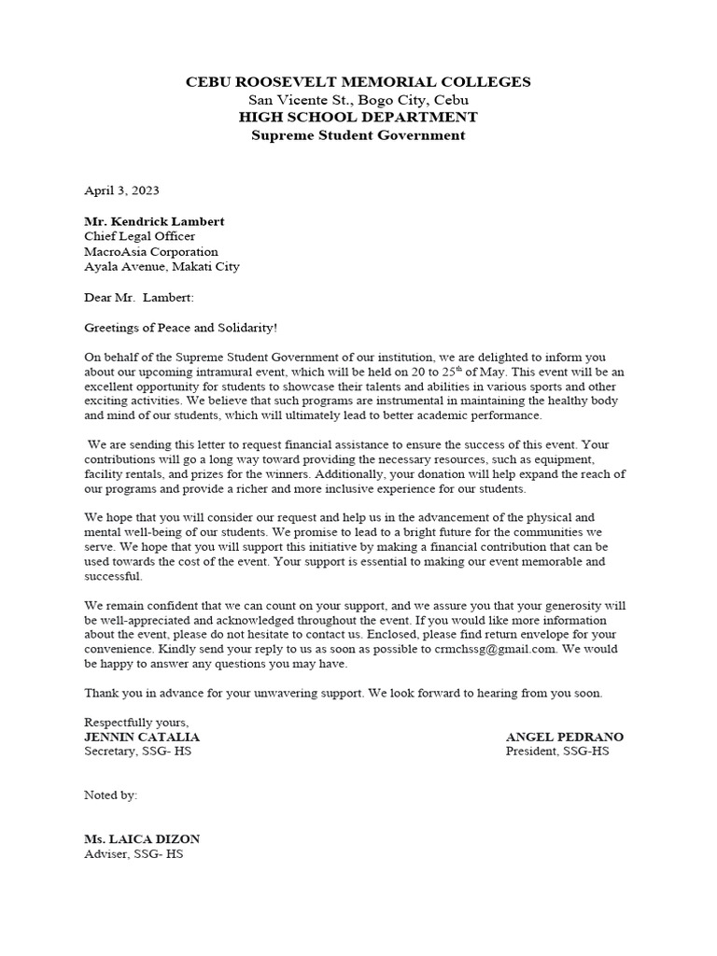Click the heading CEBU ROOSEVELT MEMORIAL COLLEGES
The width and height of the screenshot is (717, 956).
pos(359,82)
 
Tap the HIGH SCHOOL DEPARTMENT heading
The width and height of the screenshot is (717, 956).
pos(359,118)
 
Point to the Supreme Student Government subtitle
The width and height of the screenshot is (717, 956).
pos(359,135)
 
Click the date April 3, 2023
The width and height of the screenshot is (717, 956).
pos(122,190)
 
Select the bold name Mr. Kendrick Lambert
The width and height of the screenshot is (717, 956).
pos(155,222)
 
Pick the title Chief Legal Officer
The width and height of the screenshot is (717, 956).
pos(140,237)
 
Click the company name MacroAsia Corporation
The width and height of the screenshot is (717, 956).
pos(151,252)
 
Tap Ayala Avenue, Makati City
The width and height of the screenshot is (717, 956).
pos(162,267)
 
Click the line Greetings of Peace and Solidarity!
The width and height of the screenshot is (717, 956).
pos(181,329)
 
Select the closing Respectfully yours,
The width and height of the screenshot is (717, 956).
pos(137,722)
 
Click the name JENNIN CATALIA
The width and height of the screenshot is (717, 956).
pos(142,737)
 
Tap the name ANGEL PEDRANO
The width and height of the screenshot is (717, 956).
pos(565,737)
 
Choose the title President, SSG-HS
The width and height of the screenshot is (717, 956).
pos(557,752)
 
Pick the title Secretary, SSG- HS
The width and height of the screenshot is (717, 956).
pos(138,752)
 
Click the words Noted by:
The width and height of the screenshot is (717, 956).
pos(111,795)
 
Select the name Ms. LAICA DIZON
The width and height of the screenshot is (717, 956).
pos(142,839)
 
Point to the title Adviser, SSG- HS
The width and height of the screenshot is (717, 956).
pos(134,854)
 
